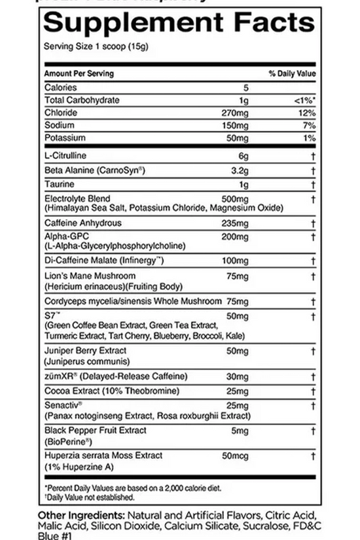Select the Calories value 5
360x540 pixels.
click(246, 87)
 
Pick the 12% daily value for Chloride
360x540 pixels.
click(308, 113)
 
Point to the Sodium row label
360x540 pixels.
click(60, 125)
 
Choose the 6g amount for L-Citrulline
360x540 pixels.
click(244, 156)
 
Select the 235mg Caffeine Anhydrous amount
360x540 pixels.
click(236, 223)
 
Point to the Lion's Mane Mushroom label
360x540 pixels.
click(90, 276)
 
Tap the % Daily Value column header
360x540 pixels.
click(292, 74)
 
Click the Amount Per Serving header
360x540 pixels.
click(79, 74)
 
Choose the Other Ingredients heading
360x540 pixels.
click(81, 515)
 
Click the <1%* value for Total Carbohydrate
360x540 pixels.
click(306, 100)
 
